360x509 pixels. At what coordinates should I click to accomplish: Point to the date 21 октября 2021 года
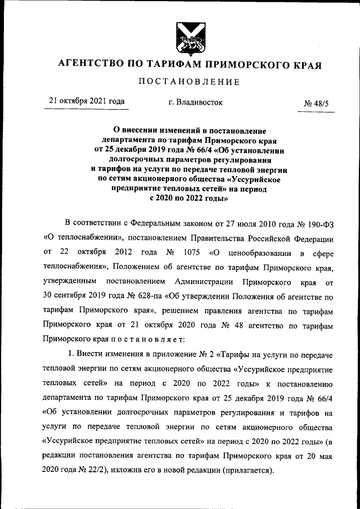86,102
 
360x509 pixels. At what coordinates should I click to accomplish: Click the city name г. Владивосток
195,102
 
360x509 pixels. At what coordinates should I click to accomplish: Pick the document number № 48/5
318,103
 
